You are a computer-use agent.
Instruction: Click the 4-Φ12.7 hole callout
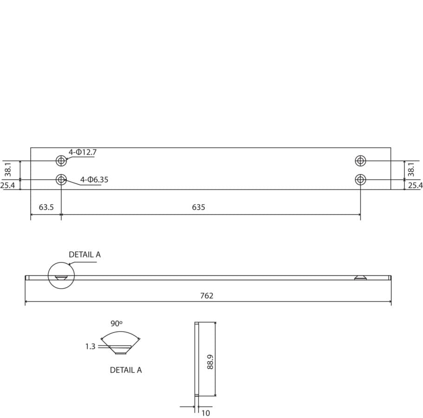(x=82, y=152)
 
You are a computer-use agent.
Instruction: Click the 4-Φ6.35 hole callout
(x=94, y=179)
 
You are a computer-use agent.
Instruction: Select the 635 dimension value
(x=198, y=207)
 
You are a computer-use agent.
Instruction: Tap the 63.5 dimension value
(x=46, y=207)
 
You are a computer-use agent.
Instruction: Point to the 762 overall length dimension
(x=207, y=296)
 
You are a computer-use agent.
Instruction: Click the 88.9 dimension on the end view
(x=210, y=362)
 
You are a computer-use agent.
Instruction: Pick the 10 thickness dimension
(x=206, y=413)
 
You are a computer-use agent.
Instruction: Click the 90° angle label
(x=117, y=323)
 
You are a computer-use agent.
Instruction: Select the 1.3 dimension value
(x=91, y=346)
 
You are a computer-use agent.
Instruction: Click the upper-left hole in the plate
(x=61, y=161)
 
